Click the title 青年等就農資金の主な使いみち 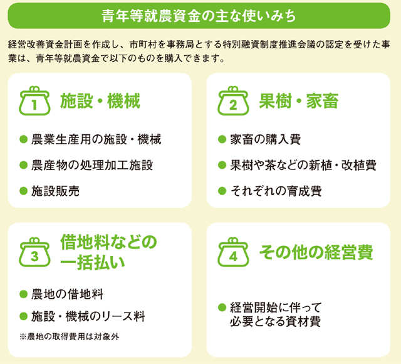pos(199,16)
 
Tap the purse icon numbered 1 pos(34,100)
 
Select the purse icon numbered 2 pos(233,100)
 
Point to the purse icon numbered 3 pos(34,252)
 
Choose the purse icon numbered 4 pos(233,252)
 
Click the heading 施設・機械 pos(100,101)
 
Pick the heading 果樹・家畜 pos(299,101)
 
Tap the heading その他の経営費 pos(316,252)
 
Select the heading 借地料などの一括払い pos(108,252)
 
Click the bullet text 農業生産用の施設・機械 pos(96,139)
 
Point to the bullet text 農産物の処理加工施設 pos(92,165)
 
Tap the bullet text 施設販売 pos(55,191)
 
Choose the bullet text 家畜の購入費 pos(266,139)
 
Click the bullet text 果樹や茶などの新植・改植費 pos(303,165)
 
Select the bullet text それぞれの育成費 pos(276,191)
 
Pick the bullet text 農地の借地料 pos(67,294)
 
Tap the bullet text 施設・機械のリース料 pos(88,316)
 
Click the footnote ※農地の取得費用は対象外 pos(70,336)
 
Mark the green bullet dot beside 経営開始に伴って pos(222,307)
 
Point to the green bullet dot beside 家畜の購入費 pos(222,139)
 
